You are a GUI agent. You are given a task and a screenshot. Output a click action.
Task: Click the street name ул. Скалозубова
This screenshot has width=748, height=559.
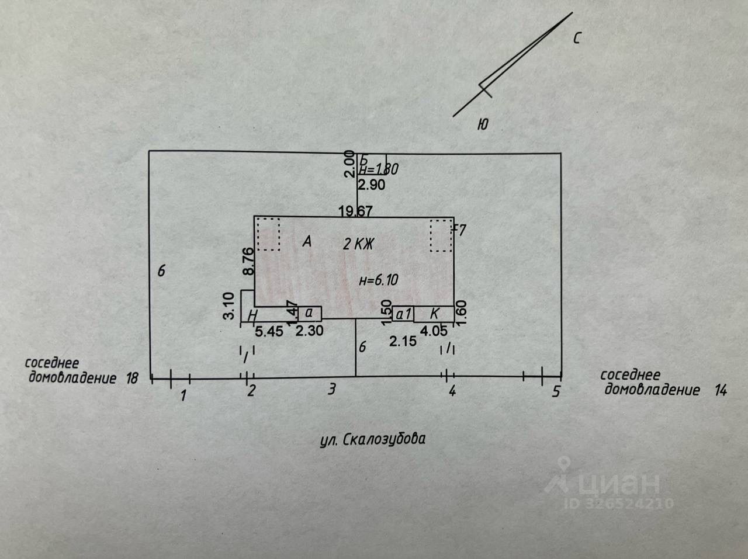(373, 439)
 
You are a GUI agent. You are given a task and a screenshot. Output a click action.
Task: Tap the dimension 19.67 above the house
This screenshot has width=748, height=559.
(355, 211)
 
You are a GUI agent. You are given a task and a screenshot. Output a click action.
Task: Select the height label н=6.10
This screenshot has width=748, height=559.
(379, 280)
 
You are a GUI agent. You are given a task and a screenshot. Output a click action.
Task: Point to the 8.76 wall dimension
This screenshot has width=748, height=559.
(248, 261)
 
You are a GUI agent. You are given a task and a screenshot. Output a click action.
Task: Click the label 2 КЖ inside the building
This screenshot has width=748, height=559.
(358, 244)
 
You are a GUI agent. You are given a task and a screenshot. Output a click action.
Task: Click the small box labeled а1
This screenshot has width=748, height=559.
(403, 314)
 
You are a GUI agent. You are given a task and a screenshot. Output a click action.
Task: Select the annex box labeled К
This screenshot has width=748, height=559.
(434, 314)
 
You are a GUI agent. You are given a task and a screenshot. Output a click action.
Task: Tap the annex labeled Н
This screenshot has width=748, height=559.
(252, 314)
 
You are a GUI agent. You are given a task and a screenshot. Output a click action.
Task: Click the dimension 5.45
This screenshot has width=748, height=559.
(269, 331)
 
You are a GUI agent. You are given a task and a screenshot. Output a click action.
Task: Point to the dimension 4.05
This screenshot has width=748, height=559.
(434, 331)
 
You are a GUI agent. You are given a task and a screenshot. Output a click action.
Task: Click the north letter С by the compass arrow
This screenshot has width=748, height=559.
(577, 39)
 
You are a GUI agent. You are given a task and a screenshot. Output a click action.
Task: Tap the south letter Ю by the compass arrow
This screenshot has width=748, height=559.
(483, 124)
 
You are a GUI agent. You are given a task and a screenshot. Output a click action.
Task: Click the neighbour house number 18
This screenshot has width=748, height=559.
(131, 378)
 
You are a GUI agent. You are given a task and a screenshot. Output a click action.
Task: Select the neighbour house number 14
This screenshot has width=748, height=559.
(721, 390)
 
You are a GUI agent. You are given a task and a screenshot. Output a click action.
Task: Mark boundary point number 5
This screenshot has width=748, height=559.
(556, 391)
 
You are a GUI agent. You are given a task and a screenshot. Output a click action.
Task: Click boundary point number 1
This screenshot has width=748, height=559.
(183, 395)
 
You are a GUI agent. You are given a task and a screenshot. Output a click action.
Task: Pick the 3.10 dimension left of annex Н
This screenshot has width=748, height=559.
(230, 305)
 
